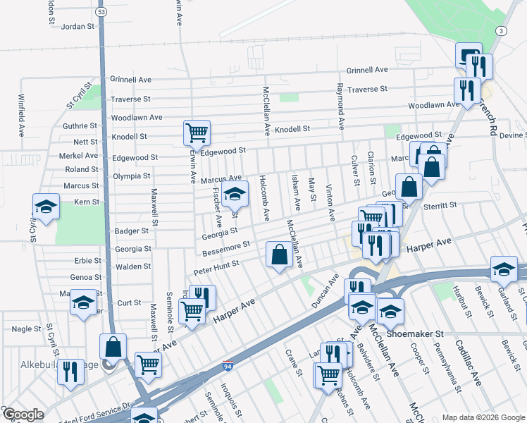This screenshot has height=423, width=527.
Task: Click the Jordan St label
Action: coord(77,27)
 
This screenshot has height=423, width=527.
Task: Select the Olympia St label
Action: coord(132,176)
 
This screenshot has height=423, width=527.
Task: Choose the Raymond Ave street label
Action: coord(340,106)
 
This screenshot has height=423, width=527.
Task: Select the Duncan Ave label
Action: coord(325,291)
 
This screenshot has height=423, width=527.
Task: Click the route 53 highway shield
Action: coord(102,13)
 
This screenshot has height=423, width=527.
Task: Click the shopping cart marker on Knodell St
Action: coord(196,132)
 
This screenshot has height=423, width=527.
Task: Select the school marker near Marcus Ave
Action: coord(235,195)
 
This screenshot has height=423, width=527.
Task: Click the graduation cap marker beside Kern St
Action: coord(46,207)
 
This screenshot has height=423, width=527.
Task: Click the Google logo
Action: coord(23,415)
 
